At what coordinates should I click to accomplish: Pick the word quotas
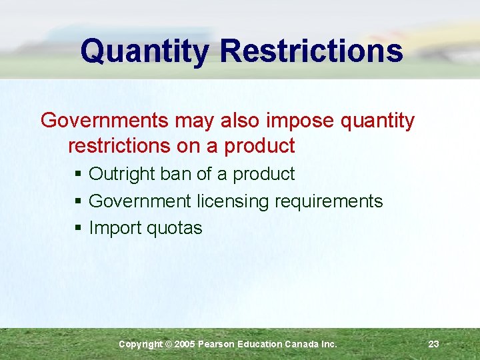174,229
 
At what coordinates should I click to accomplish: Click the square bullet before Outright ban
79,175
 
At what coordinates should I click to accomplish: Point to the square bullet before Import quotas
79,229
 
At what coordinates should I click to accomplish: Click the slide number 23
433,344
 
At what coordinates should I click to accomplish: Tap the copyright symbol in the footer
168,344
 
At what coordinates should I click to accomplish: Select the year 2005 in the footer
185,344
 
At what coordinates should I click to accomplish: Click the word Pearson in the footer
217,344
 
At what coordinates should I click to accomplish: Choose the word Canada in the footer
301,344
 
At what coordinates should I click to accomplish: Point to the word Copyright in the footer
140,344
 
